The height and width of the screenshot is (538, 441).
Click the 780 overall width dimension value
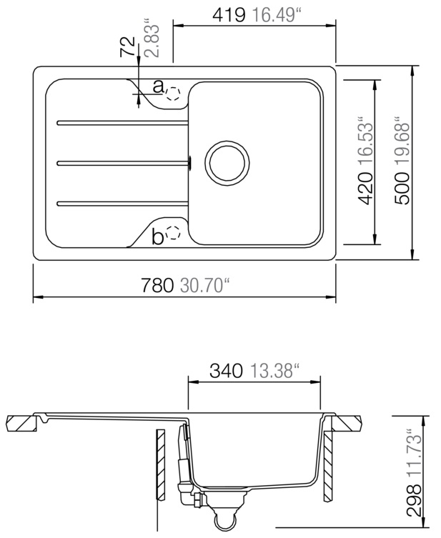(157, 286)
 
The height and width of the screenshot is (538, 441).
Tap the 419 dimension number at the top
(229, 15)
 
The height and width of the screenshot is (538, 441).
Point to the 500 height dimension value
(402, 189)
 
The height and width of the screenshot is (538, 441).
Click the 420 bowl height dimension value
(365, 189)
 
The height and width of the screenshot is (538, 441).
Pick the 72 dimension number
(128, 46)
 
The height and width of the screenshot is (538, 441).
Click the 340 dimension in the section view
(226, 372)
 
